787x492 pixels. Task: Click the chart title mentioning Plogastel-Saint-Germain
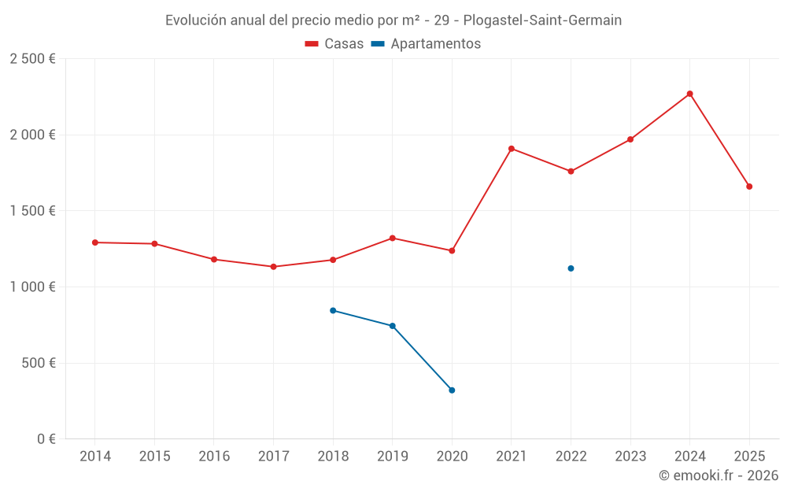coord(393,20)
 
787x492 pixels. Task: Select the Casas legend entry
coord(334,44)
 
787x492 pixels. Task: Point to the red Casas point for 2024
coord(690,94)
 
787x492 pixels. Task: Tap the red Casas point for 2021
coord(512,149)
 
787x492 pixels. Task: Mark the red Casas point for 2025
coord(749,187)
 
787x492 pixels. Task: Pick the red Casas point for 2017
coord(273,267)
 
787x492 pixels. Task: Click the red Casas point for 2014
coord(95,242)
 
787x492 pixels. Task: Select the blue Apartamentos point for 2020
coord(452,390)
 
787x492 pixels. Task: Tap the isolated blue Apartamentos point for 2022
coord(571,268)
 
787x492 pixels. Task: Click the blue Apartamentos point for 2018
coord(333,310)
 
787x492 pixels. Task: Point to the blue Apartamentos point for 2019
coord(392,326)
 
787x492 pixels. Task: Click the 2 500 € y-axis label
coord(32,59)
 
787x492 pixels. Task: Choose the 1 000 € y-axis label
coord(32,287)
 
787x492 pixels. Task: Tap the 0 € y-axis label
coord(46,439)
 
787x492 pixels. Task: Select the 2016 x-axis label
coord(214,457)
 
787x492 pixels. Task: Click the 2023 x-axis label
coord(630,457)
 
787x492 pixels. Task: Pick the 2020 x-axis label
coord(452,457)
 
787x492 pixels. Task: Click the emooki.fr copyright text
coord(718,475)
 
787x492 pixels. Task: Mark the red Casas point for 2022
coord(571,172)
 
